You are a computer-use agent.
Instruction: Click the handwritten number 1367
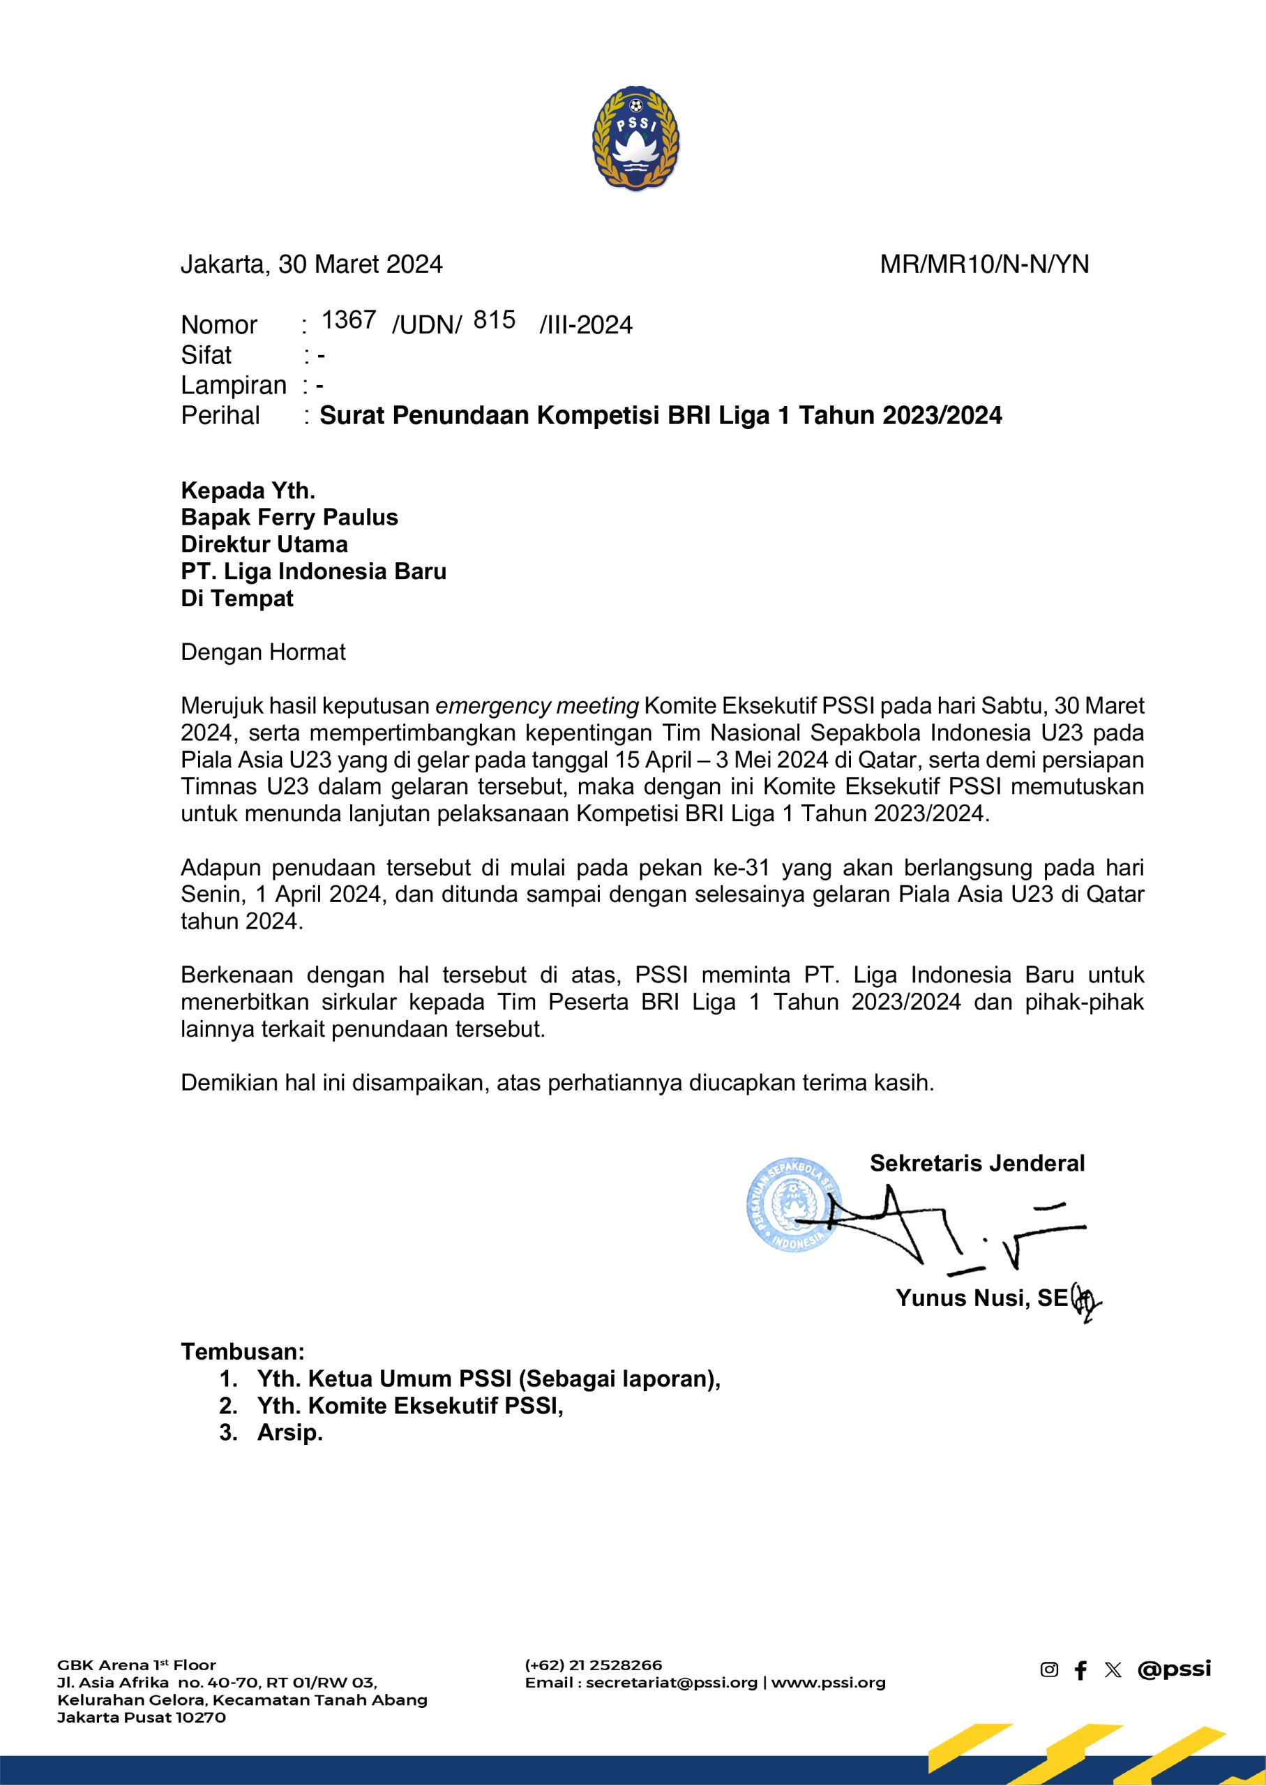point(349,320)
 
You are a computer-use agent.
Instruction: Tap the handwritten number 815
point(495,320)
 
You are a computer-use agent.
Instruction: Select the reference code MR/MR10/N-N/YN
point(984,265)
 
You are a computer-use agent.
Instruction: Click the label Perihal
point(220,416)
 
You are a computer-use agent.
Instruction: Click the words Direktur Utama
point(264,544)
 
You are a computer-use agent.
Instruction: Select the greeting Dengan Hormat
point(263,652)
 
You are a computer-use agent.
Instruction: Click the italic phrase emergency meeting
point(537,706)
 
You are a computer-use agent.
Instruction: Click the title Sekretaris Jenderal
point(977,1163)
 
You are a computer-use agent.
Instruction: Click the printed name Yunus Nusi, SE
point(981,1298)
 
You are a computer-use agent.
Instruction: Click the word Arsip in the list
point(289,1432)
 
